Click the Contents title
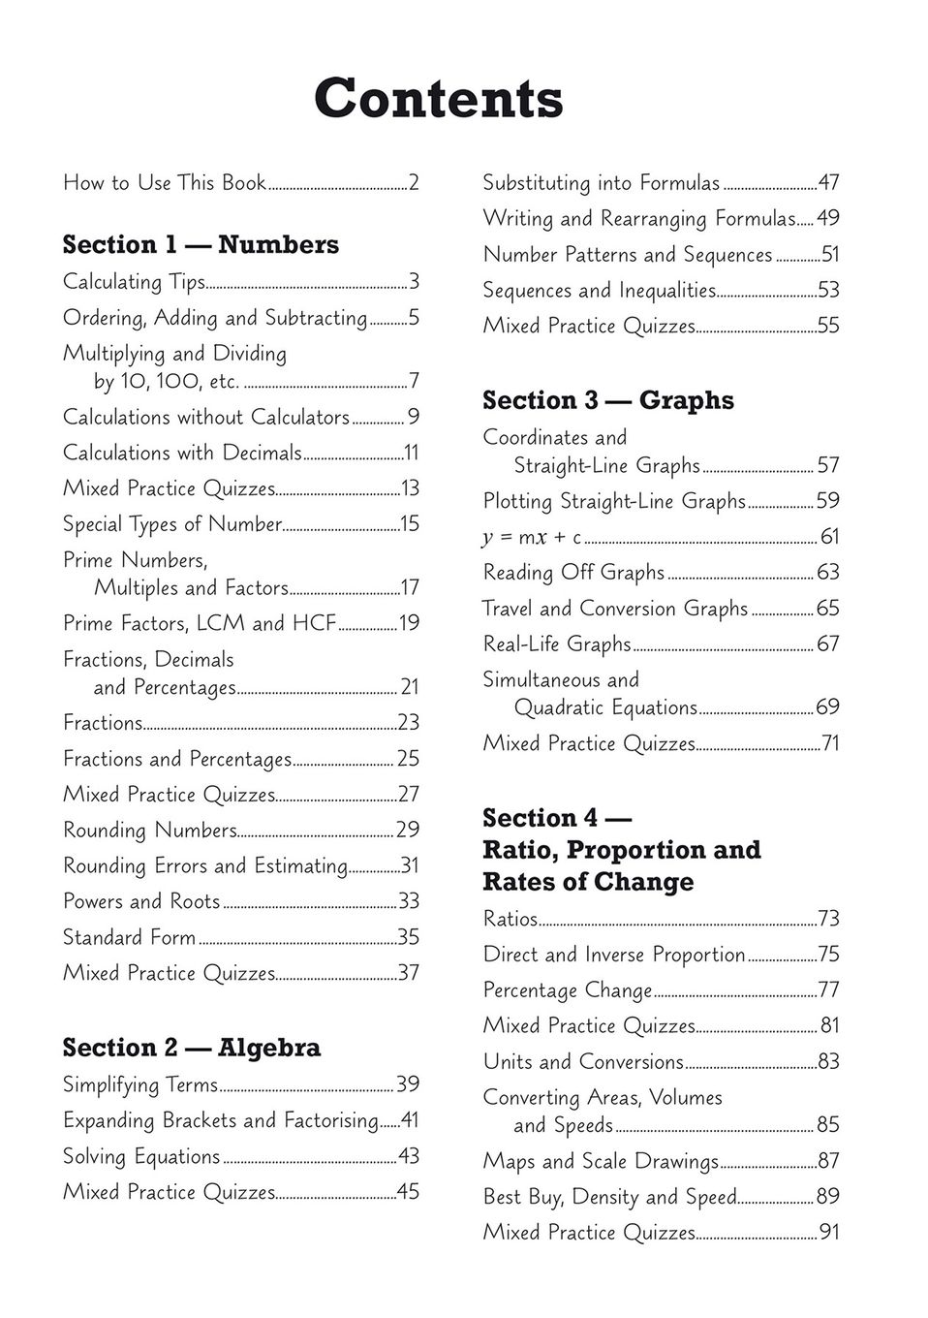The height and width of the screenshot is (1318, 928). [438, 99]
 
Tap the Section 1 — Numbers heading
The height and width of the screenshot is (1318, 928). [201, 244]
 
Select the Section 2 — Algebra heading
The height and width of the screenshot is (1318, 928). [191, 1048]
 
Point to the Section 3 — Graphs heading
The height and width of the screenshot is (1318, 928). [607, 400]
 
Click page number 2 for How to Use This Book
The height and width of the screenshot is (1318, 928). [414, 182]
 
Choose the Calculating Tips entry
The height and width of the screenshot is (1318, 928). [134, 282]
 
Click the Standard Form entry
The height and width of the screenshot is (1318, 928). [129, 937]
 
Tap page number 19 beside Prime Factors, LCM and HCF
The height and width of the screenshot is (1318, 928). [409, 623]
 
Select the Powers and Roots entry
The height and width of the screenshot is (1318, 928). [141, 901]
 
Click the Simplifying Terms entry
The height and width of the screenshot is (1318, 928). [139, 1084]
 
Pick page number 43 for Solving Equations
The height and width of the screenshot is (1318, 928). [409, 1156]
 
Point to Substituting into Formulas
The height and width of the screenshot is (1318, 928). [601, 183]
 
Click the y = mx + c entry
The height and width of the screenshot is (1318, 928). [532, 537]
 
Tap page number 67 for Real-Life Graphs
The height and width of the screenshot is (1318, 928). [828, 644]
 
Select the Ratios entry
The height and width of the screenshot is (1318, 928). [510, 919]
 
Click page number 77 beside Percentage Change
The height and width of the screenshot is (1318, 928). [828, 990]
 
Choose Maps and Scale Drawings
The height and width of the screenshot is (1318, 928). [601, 1161]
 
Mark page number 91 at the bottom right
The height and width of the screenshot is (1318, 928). [829, 1233]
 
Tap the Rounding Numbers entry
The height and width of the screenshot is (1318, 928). [149, 831]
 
